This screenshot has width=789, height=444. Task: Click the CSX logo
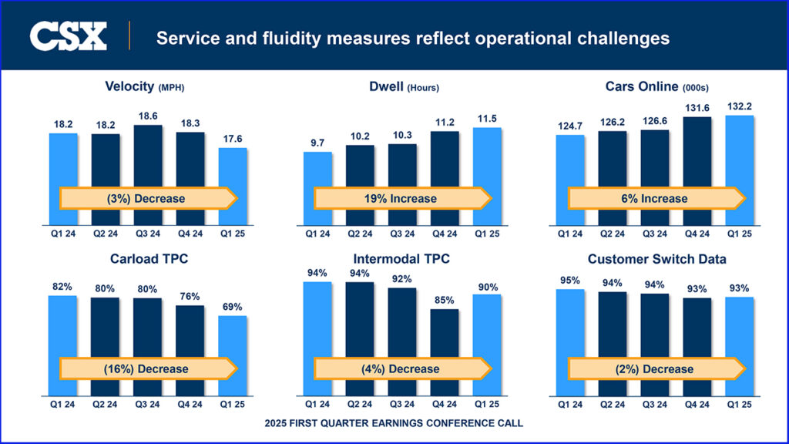(68, 36)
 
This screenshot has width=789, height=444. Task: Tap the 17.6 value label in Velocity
(233, 140)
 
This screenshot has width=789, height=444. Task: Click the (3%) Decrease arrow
(146, 199)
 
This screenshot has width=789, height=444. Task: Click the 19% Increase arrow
(401, 199)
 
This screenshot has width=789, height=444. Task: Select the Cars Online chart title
(654, 86)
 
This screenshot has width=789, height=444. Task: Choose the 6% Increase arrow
(656, 199)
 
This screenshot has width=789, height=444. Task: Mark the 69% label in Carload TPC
(233, 308)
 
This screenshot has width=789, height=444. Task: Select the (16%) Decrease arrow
(146, 369)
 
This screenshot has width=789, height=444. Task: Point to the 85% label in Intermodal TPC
(445, 301)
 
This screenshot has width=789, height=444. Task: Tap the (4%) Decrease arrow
(401, 369)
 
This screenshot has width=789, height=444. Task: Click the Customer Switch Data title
(655, 259)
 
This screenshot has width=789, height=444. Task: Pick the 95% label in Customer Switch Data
(570, 281)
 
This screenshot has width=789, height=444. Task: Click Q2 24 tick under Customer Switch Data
(613, 403)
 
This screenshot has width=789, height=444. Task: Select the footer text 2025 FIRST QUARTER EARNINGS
(394, 423)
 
